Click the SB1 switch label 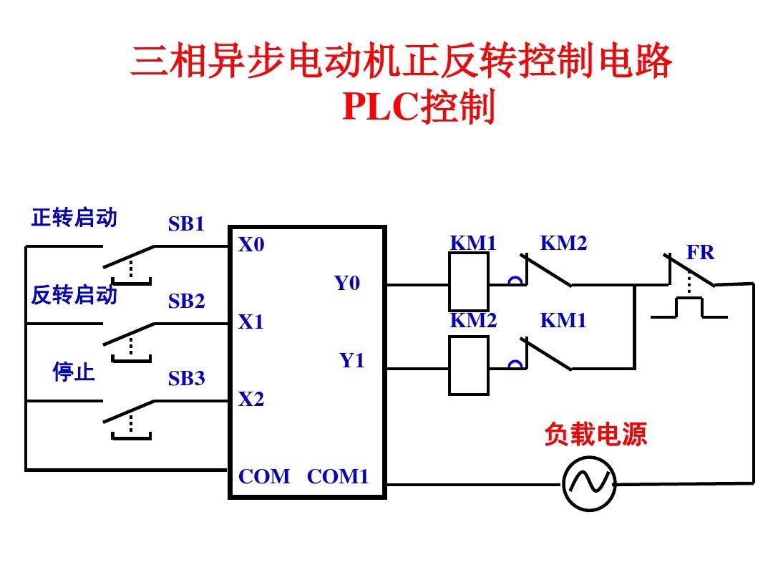click(186, 224)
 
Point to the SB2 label click(186, 302)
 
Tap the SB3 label click(186, 379)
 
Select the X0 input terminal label click(251, 245)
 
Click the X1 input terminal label click(251, 323)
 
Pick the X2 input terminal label click(251, 400)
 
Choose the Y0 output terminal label click(347, 284)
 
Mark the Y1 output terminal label click(351, 361)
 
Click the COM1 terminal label click(338, 477)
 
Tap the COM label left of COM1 click(264, 477)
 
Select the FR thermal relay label click(700, 253)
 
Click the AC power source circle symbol click(589, 484)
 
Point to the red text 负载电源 click(595, 434)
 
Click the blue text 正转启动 click(74, 218)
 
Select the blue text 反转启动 click(74, 294)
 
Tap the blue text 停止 click(74, 372)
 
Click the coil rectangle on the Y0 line click(469, 281)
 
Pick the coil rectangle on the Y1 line click(469, 365)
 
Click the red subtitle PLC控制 click(419, 107)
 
